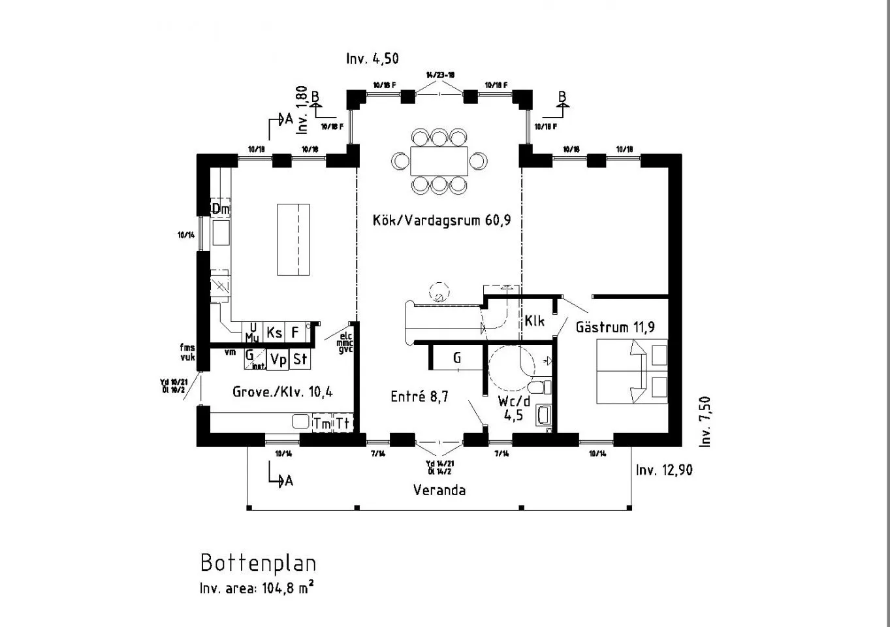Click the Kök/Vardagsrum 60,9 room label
click(x=441, y=220)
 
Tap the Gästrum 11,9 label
click(x=615, y=327)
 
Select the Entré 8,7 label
click(x=419, y=396)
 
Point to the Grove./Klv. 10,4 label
click(x=283, y=392)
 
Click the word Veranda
click(x=439, y=490)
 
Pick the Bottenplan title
click(x=258, y=563)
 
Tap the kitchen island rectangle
click(x=293, y=240)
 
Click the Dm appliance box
click(x=221, y=209)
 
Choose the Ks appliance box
click(x=274, y=332)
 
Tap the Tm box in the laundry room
click(x=322, y=423)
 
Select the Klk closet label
click(x=534, y=321)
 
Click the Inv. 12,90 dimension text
click(x=664, y=470)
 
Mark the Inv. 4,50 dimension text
click(x=372, y=59)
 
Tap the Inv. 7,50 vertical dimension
click(x=705, y=421)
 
